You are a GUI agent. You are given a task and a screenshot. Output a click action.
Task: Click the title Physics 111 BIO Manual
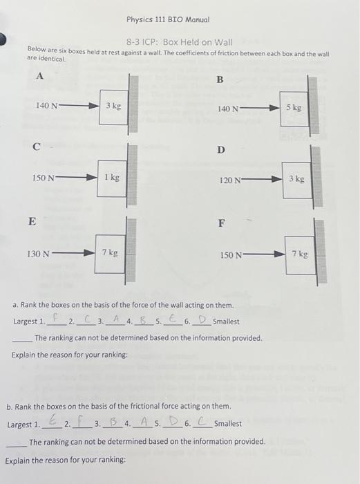click(x=168, y=19)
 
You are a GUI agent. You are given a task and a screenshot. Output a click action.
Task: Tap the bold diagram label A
click(x=39, y=77)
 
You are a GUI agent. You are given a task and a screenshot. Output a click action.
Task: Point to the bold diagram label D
click(x=220, y=149)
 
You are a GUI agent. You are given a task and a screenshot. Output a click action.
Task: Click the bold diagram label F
click(x=221, y=223)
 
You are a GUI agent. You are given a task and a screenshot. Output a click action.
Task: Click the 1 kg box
click(x=112, y=178)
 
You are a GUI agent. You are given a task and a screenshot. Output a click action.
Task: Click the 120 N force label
click(x=229, y=180)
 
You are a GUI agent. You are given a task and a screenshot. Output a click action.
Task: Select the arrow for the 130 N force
click(x=74, y=254)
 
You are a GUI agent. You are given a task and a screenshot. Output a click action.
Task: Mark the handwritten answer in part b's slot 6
click(x=201, y=422)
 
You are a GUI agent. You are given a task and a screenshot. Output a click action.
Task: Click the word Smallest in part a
click(x=226, y=322)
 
